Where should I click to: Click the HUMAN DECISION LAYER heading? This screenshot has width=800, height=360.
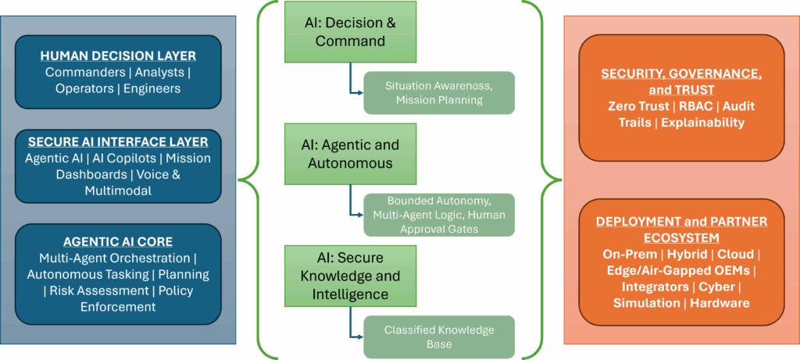pos(118,56)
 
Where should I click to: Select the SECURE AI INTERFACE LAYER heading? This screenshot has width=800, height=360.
pos(118,142)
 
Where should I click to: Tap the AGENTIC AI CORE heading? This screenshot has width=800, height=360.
pos(118,241)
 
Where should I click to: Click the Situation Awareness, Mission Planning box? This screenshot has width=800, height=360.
pos(439,93)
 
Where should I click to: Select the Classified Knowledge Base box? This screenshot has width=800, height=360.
pos(439,337)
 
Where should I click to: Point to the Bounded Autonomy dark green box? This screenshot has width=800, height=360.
pos(439,214)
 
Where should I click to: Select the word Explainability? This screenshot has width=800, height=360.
pos(702,123)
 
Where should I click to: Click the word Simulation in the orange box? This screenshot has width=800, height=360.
pos(645,303)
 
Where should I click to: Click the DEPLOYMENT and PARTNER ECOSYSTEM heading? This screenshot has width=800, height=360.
pos(681,230)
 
